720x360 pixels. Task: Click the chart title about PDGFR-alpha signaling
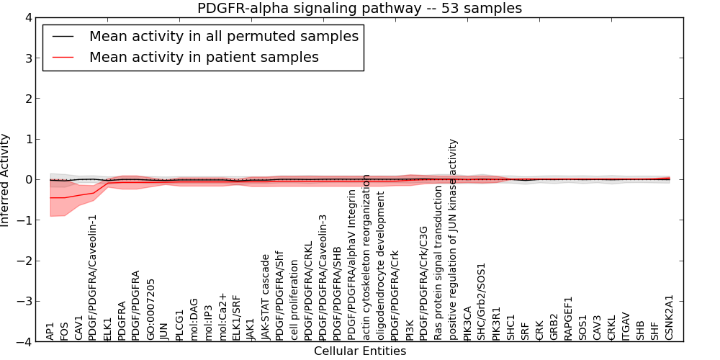(359, 9)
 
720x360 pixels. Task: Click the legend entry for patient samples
(204, 57)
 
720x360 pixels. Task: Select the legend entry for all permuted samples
(224, 36)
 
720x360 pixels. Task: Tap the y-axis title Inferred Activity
(6, 180)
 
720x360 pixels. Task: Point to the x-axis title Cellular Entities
(360, 351)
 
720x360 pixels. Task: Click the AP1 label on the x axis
(50, 331)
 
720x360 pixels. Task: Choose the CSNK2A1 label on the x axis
(670, 318)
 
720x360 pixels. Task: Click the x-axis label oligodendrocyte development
(381, 266)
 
